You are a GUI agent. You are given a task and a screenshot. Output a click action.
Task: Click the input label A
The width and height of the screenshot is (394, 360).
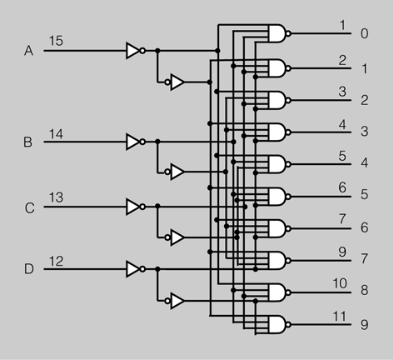[28, 51]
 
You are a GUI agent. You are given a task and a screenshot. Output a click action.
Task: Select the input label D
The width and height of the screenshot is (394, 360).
[29, 269]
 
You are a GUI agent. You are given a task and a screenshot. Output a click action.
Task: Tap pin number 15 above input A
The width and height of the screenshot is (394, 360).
[56, 41]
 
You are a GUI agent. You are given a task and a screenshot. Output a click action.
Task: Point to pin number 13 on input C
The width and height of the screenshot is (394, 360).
[56, 197]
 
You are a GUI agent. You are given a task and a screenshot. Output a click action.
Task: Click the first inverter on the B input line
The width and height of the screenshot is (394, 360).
[135, 142]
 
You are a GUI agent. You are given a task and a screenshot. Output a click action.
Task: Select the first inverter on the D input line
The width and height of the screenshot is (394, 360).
[135, 269]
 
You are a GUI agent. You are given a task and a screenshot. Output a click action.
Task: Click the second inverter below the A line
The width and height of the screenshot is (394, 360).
[174, 82]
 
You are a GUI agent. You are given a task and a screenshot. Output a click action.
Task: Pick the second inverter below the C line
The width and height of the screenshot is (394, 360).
[174, 237]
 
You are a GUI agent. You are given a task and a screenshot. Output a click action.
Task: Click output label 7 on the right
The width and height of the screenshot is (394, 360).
[365, 259]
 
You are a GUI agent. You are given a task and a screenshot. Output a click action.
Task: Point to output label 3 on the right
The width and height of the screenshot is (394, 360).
[365, 132]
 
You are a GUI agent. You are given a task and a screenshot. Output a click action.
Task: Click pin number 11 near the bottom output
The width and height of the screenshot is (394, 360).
[339, 317]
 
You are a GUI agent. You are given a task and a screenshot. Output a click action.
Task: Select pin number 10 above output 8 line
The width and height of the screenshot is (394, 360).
[340, 283]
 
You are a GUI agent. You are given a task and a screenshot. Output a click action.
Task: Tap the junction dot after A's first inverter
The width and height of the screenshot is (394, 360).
[157, 51]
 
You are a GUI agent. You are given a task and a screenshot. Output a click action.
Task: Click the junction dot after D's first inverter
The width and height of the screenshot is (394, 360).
[157, 269]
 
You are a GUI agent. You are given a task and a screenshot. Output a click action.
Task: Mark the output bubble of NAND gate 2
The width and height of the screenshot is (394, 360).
[288, 100]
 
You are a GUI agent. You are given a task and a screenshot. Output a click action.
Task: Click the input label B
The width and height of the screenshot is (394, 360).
[27, 142]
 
